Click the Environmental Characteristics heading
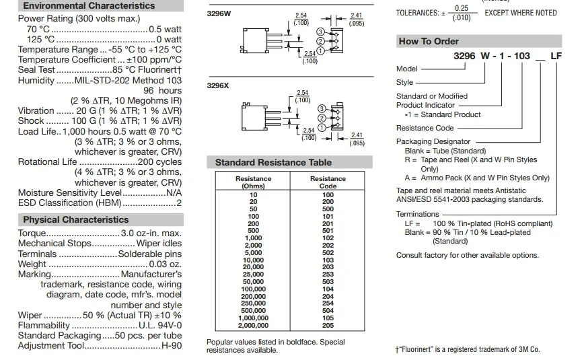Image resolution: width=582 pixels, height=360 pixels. tap(88, 6)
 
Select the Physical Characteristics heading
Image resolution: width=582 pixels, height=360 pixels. tap(75, 220)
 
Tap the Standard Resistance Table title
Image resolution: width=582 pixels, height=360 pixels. tap(273, 163)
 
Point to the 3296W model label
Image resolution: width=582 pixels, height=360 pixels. tap(219, 13)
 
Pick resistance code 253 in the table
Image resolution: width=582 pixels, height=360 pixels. tap(328, 275)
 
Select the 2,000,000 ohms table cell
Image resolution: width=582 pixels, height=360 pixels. tap(253, 326)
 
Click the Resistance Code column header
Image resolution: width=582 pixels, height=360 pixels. tap(328, 182)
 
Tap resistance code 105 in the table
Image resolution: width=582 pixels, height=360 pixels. tap(328, 318)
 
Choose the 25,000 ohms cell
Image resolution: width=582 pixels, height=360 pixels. tap(253, 275)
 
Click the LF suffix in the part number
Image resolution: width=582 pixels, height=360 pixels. tap(556, 57)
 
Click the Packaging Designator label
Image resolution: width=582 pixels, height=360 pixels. tap(433, 142)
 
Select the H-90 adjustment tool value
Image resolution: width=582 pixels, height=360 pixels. tap(171, 346)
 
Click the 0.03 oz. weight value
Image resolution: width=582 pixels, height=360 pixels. tap(165, 264)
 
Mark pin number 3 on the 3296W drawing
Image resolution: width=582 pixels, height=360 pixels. tap(320, 32)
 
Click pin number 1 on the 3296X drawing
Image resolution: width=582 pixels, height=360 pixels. tap(321, 127)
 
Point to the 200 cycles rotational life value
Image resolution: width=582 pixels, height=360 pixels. tap(159, 162)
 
